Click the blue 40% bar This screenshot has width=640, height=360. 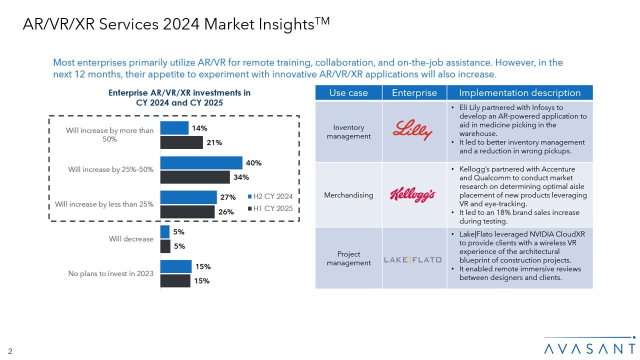coord(201,163)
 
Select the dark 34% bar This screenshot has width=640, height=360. coord(195,177)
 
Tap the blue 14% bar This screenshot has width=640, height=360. coord(174,128)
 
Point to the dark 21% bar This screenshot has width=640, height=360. coord(181,142)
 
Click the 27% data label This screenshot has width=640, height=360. coord(228,197)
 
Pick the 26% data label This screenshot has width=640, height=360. coord(226,211)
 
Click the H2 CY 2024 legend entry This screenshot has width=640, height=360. coord(270,196)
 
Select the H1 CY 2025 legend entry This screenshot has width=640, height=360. coord(270,208)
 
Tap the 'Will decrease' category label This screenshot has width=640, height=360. coord(131,239)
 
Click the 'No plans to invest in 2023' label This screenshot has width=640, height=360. coord(110,273)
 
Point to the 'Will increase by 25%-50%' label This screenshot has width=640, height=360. coord(110,169)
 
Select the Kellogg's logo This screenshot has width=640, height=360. coord(413,194)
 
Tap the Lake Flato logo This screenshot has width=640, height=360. coord(413,259)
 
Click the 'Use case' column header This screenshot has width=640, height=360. coord(348,93)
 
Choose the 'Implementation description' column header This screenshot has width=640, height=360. coord(519,93)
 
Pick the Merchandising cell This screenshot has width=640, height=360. coord(348,195)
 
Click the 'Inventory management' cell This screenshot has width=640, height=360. coord(348,131)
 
